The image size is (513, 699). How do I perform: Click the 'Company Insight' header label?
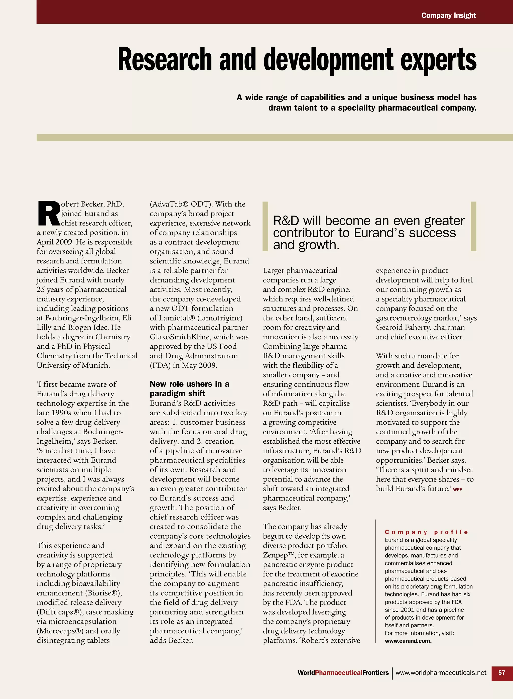448,15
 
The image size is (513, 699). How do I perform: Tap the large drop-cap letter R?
48,214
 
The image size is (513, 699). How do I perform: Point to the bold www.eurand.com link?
408,641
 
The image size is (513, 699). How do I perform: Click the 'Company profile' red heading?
426,532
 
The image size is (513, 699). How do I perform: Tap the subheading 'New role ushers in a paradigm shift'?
189,389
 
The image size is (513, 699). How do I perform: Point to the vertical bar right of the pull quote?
473,226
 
